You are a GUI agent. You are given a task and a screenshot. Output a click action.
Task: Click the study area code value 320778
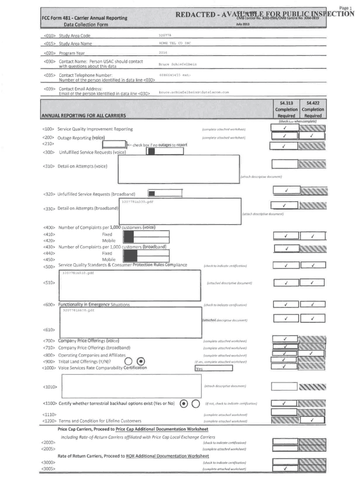pyautogui.click(x=166, y=35)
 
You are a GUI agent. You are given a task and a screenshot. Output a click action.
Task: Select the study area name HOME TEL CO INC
pyautogui.click(x=175, y=43)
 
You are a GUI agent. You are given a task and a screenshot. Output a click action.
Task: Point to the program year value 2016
pyautogui.click(x=163, y=53)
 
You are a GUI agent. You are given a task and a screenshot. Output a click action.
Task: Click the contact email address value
pyautogui.click(x=194, y=92)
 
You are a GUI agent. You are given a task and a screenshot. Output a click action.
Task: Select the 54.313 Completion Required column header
pyautogui.click(x=286, y=109)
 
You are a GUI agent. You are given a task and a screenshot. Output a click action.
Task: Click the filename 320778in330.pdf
pyautogui.click(x=137, y=202)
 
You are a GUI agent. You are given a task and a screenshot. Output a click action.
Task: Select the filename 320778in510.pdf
pyautogui.click(x=78, y=273)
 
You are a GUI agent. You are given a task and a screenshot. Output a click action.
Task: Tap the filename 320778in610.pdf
pyautogui.click(x=79, y=310)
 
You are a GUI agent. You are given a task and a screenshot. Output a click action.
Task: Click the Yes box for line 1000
pyautogui.click(x=214, y=368)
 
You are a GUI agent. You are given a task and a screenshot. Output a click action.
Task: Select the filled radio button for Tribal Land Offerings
pyautogui.click(x=141, y=361)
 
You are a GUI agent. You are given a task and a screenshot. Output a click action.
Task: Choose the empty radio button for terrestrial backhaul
pyautogui.click(x=196, y=403)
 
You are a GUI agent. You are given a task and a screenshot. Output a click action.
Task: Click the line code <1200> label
pyautogui.click(x=49, y=421)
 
